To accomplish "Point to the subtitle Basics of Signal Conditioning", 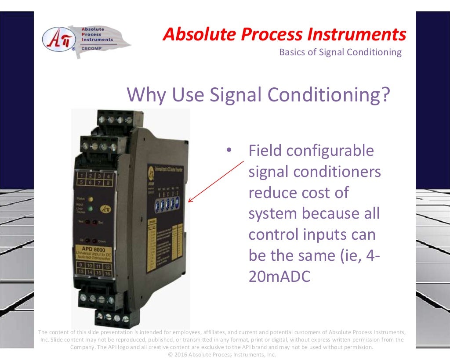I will [x=340, y=52].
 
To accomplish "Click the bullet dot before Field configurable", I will [x=229, y=151].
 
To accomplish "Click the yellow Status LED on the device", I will [x=90, y=199].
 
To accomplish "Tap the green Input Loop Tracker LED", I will [x=90, y=208].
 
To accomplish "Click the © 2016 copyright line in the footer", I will [x=222, y=354].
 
